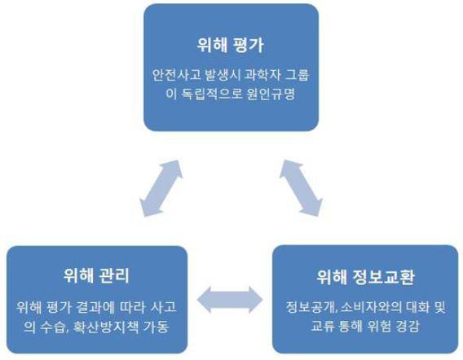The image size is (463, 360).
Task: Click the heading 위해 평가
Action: pos(230,46)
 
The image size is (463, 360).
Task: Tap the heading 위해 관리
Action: pos(96,275)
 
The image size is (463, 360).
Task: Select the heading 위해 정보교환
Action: pos(365,277)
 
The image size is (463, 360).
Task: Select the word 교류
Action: pos(323,327)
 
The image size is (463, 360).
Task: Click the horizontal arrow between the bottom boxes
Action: pos(230,300)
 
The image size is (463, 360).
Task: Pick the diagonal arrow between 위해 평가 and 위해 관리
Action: pos(161,188)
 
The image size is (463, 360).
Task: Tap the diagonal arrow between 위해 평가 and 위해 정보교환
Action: pos(301,188)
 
